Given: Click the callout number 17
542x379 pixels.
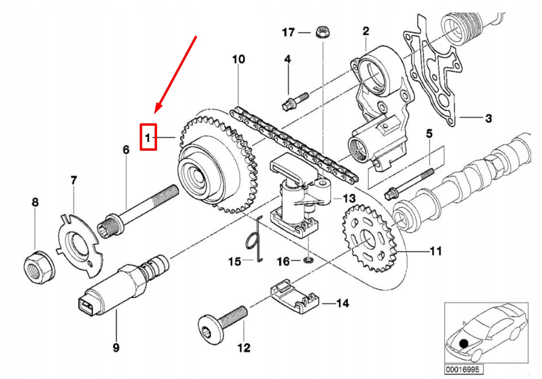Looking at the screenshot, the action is (x=288, y=32).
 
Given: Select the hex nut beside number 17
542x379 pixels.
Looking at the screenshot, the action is (x=323, y=32).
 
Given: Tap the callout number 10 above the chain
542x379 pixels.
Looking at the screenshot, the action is (x=238, y=59).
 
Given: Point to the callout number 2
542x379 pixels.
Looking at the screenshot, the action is (x=366, y=31).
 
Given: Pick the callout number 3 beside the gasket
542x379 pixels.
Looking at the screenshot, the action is (x=489, y=118).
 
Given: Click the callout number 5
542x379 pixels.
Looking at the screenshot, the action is (x=429, y=133).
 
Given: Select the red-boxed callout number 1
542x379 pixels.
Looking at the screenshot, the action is (x=148, y=138).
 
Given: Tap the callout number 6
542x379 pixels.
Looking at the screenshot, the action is (x=126, y=150).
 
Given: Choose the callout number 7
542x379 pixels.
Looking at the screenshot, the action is (x=73, y=180).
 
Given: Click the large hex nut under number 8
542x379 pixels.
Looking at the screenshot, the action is (x=40, y=267).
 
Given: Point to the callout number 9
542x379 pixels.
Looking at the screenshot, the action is (x=116, y=347).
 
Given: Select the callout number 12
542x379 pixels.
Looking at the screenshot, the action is (x=244, y=348).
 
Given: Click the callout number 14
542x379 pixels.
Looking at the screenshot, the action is (x=342, y=303).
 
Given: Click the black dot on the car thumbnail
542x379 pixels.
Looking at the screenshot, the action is (x=463, y=344).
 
